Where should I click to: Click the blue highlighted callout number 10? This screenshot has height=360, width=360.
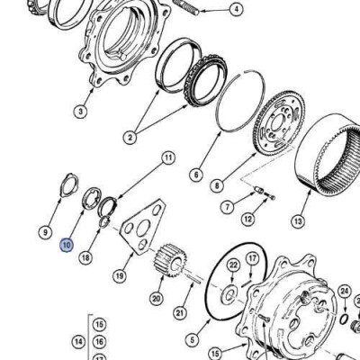(67, 245)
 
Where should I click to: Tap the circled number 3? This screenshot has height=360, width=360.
(80, 112)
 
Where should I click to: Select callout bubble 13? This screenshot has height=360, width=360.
(298, 221)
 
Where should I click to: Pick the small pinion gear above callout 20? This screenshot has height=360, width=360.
(171, 262)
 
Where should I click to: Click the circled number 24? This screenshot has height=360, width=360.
(345, 291)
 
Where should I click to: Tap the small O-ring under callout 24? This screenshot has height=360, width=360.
(345, 319)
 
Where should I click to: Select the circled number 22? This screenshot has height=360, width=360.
(233, 265)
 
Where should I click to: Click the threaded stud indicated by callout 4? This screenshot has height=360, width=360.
(186, 6)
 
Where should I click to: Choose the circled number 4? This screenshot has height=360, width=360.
(237, 10)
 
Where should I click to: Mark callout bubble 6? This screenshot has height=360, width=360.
(196, 175)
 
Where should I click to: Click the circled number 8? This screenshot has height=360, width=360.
(217, 186)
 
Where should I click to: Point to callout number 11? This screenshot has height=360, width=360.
(168, 157)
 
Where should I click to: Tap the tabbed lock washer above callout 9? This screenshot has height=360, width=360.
(69, 185)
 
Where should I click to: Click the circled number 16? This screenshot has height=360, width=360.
(100, 341)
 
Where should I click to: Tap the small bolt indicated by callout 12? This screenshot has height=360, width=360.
(270, 195)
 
